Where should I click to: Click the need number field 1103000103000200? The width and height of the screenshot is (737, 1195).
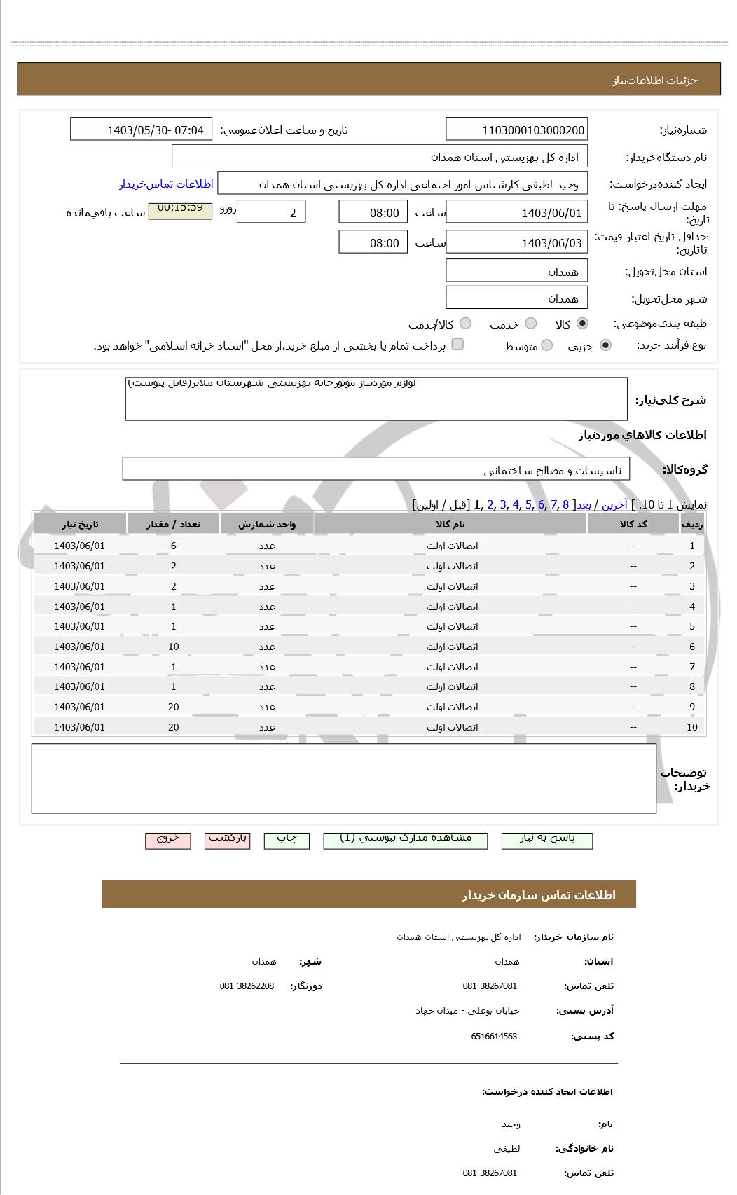pyautogui.click(x=516, y=130)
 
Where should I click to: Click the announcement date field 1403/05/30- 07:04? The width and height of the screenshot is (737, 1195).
pyautogui.click(x=141, y=130)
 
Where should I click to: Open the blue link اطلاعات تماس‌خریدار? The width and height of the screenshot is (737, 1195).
pyautogui.click(x=166, y=184)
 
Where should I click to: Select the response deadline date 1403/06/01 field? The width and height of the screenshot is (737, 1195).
pyautogui.click(x=516, y=213)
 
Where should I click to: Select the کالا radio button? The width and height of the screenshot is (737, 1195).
pyautogui.click(x=582, y=324)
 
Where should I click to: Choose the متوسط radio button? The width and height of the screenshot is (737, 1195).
pyautogui.click(x=547, y=345)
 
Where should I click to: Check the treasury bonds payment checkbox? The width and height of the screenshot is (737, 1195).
pyautogui.click(x=457, y=344)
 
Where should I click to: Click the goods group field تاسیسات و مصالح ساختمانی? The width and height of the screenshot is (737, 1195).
pyautogui.click(x=376, y=470)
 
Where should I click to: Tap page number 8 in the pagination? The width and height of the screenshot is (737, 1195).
pyautogui.click(x=565, y=504)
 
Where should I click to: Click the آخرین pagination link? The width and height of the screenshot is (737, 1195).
pyautogui.click(x=615, y=504)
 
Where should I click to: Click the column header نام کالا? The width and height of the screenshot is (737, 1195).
pyautogui.click(x=450, y=524)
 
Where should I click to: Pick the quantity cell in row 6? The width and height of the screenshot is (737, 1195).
pyautogui.click(x=174, y=647)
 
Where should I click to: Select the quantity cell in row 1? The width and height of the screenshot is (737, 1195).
pyautogui.click(x=174, y=546)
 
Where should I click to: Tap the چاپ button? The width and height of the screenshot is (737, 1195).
pyautogui.click(x=287, y=839)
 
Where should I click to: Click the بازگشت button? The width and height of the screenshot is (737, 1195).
pyautogui.click(x=228, y=839)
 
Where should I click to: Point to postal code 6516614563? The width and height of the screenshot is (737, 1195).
pyautogui.click(x=494, y=1037)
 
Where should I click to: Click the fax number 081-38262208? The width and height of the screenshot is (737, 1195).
pyautogui.click(x=247, y=986)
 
